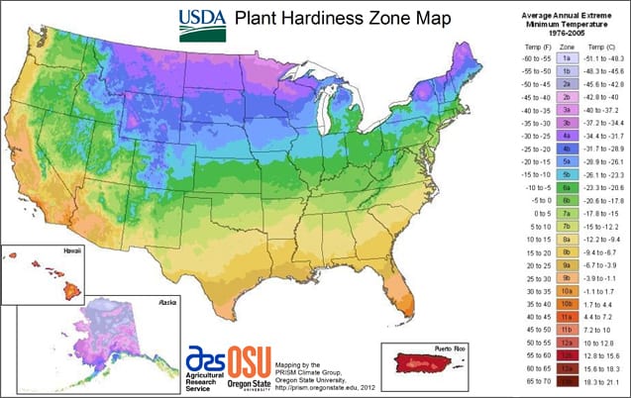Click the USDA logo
coord(202,25)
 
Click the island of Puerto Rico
coord(428,367)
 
